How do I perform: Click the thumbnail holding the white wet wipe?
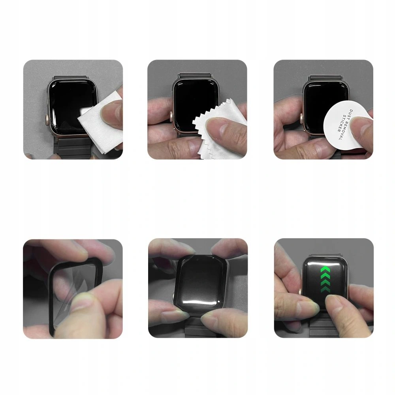pyautogui.click(x=73, y=109)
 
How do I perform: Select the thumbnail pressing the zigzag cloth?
pyautogui.click(x=197, y=109)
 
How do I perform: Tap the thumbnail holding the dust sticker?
pyautogui.click(x=324, y=109)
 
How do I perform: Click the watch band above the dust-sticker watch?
pyautogui.click(x=322, y=77)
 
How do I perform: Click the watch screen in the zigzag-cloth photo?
pyautogui.click(x=194, y=99)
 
